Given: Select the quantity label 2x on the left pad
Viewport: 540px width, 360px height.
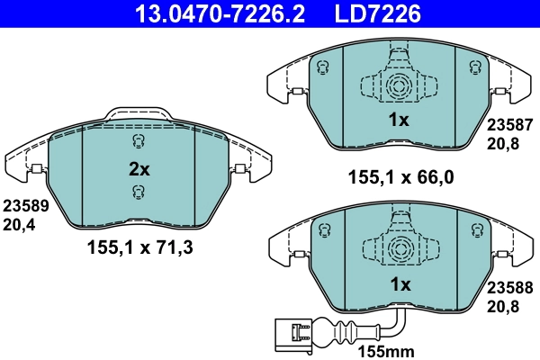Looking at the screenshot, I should pos(138,167).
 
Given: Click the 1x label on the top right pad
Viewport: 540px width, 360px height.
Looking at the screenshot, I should pos(398,120).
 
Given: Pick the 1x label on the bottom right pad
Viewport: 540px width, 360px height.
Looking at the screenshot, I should pos(398,284).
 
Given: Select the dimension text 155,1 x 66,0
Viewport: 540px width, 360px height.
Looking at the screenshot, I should pos(398,177).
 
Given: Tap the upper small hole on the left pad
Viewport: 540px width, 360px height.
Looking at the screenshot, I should pos(138,142).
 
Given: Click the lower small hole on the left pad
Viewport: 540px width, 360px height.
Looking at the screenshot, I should pos(138,191).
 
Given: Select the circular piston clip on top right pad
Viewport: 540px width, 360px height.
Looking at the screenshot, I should pos(398,87).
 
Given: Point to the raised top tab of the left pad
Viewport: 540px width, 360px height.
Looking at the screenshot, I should pos(138,113).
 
